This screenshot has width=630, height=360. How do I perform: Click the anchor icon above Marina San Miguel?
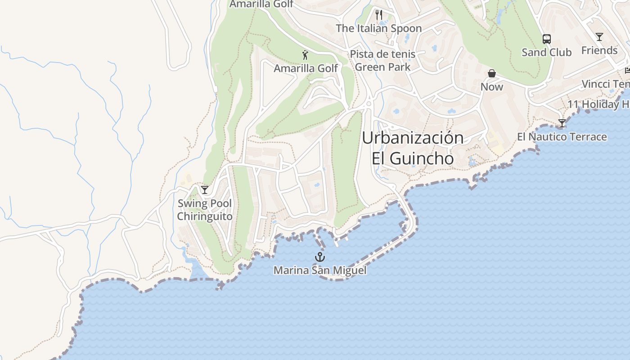click(319, 257)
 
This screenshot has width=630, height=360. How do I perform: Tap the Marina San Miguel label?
click(319, 270)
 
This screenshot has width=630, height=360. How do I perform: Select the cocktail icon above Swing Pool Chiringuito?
click(205, 190)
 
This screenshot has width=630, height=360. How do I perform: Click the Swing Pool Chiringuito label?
click(205, 210)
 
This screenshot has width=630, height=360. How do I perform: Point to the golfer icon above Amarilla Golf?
click(306, 55)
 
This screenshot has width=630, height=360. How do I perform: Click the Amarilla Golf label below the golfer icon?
click(306, 68)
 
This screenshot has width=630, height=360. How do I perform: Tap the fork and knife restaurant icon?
click(378, 15)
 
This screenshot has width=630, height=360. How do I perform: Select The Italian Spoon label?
click(378, 28)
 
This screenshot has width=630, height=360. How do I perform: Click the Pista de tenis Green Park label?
click(382, 61)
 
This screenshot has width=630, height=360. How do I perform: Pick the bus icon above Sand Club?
click(546, 39)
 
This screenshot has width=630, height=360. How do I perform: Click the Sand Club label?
click(546, 52)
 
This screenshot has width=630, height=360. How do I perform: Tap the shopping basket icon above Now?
click(492, 73)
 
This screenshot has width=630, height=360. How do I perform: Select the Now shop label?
click(492, 86)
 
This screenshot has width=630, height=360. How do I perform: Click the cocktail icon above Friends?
click(599, 37)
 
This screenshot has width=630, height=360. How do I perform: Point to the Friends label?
click(599, 50)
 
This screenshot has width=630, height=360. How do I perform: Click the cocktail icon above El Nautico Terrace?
click(562, 123)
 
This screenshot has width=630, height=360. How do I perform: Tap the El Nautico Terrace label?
click(562, 137)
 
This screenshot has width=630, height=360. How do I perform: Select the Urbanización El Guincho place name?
click(413, 148)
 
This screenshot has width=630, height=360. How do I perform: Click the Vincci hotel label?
click(605, 84)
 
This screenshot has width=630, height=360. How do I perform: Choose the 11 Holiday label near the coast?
click(598, 104)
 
